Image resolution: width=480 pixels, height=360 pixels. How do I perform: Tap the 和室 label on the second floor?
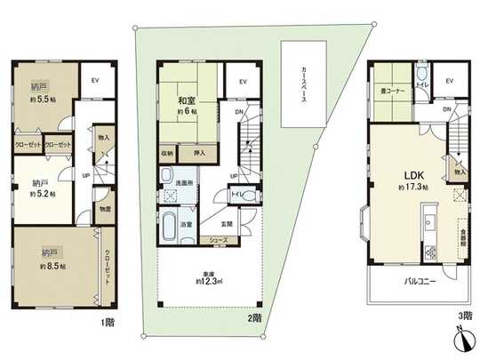pos(186,100)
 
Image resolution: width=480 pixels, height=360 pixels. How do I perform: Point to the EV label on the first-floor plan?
pos(94,80)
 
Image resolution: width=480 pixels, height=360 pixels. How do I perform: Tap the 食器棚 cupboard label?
pos(463,239)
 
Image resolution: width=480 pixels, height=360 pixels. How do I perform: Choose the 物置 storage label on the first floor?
pos(104,211)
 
